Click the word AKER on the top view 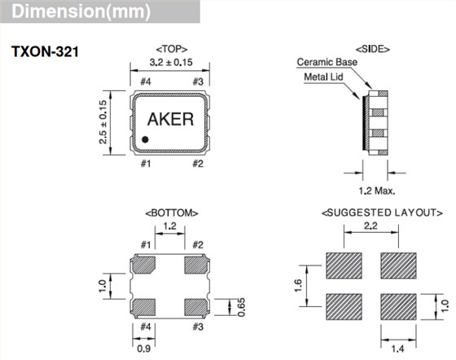click(170, 120)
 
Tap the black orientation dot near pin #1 click(145, 140)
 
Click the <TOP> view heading click(171, 48)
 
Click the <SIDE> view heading click(373, 49)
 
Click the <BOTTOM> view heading click(171, 213)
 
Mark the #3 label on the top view click(196, 81)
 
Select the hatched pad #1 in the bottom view click(146, 265)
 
